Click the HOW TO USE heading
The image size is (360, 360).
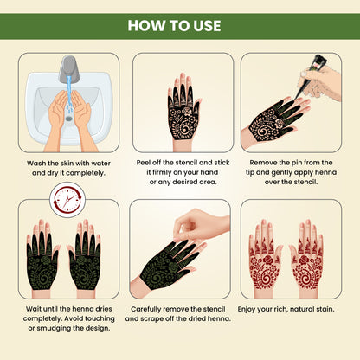(180, 23)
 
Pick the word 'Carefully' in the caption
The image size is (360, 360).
(151, 307)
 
